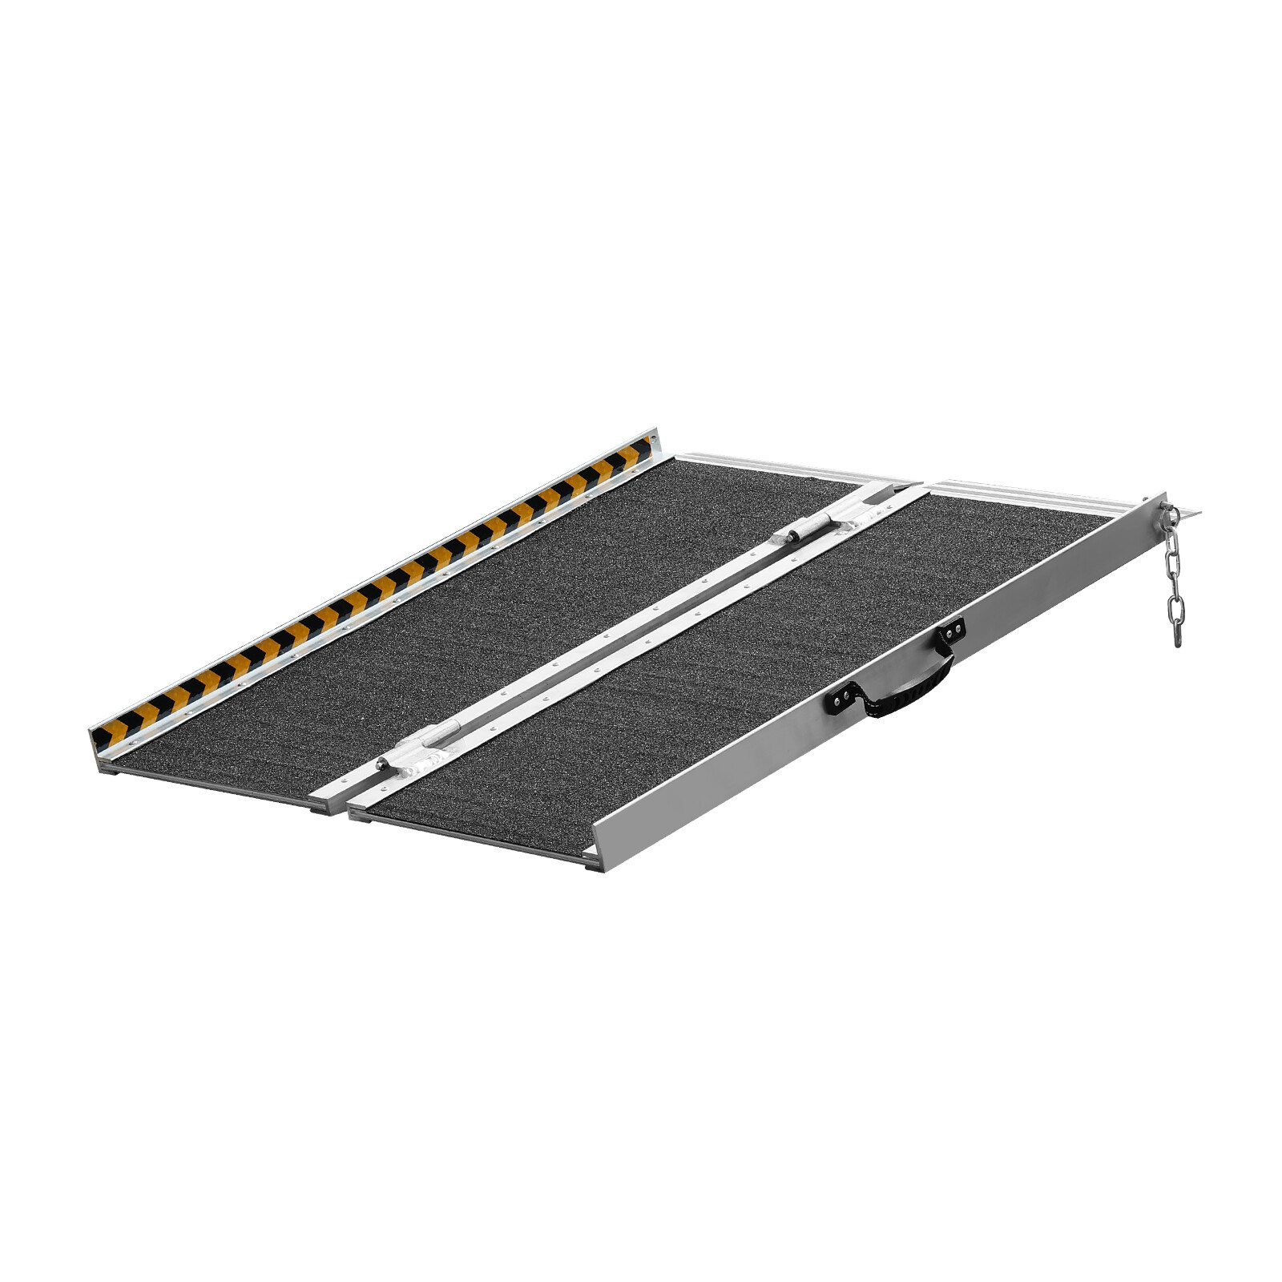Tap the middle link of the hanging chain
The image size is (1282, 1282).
pos(1174,573)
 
